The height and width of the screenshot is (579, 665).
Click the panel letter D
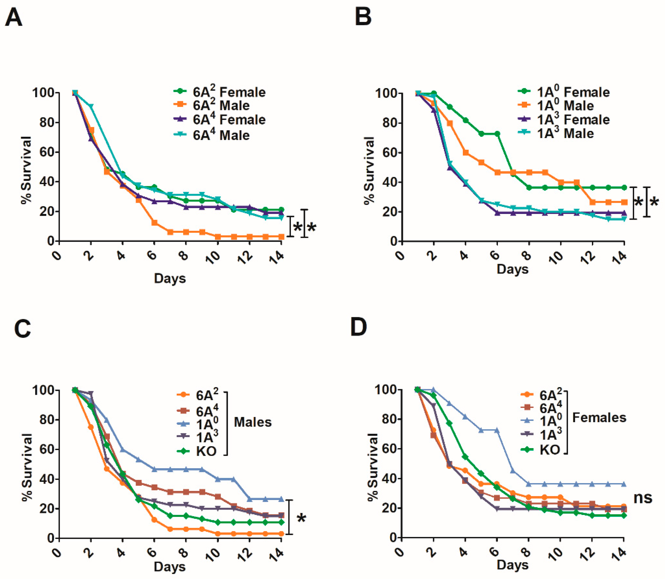[359, 327]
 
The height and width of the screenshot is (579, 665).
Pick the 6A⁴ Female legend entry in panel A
[220, 119]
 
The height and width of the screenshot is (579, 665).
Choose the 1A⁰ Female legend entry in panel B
[564, 92]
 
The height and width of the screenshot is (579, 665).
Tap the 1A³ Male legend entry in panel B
[555, 133]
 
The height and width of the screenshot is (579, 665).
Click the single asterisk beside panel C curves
[301, 519]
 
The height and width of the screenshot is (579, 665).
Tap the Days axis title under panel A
[170, 278]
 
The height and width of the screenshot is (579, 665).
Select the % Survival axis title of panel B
[369, 171]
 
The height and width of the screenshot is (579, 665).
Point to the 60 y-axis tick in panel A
[47, 152]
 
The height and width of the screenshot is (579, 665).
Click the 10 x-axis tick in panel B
[556, 258]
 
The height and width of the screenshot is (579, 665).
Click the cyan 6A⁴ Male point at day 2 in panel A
[91, 106]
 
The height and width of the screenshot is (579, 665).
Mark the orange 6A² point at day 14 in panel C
[281, 534]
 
